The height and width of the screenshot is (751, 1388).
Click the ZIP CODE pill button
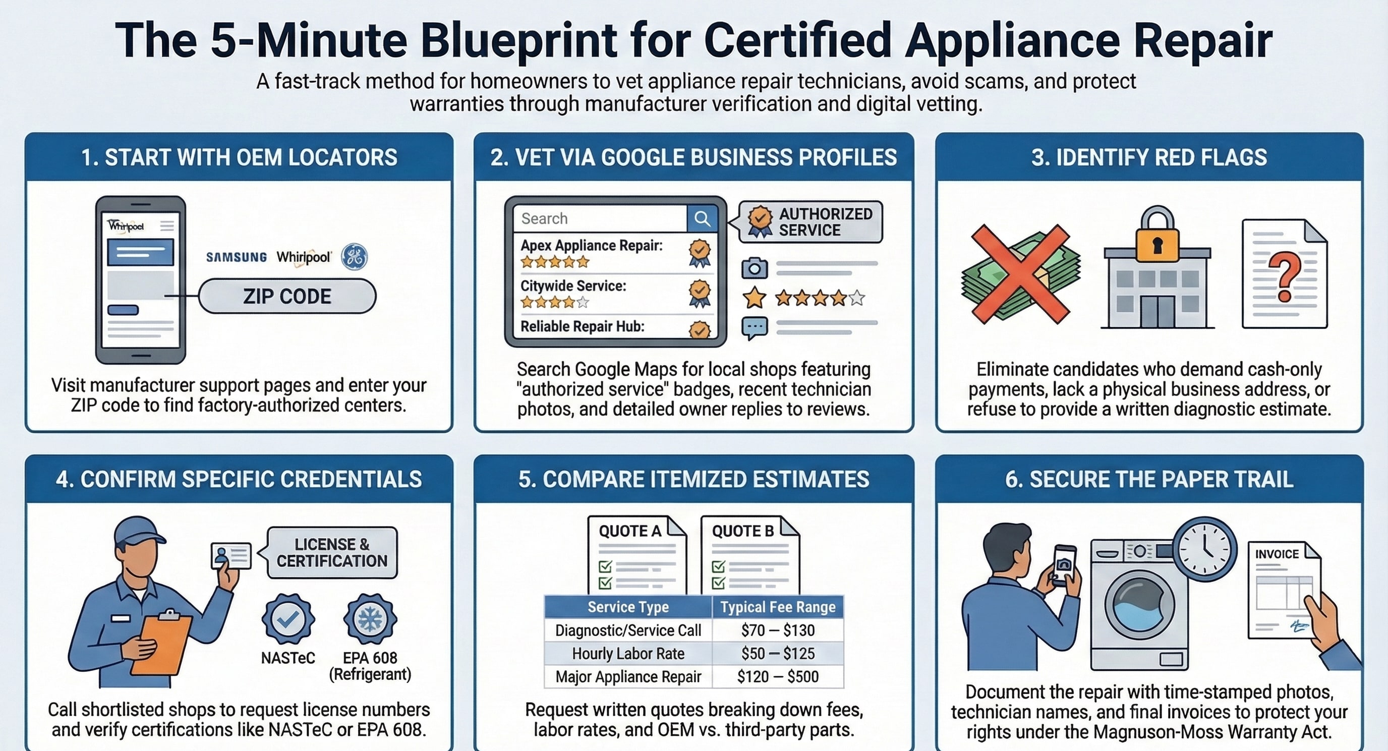click(x=287, y=296)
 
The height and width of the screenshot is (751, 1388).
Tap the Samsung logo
click(x=236, y=257)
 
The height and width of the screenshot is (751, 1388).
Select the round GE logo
click(x=355, y=256)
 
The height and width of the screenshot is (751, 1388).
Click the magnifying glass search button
click(x=702, y=218)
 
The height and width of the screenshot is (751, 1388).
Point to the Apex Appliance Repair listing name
click(x=591, y=246)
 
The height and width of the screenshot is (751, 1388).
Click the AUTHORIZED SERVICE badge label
click(x=825, y=222)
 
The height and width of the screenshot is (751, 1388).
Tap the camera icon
click(x=755, y=268)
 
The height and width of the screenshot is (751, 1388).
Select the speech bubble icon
click(x=755, y=327)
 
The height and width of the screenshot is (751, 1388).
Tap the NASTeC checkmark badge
click(x=288, y=619)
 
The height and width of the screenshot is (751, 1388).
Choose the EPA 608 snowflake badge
click(x=370, y=619)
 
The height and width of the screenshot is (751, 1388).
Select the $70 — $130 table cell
click(x=778, y=630)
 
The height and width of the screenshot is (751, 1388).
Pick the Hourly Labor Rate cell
click(x=628, y=654)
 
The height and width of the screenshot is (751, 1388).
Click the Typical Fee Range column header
click(x=778, y=607)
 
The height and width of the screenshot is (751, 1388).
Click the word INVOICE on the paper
click(x=1277, y=554)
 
